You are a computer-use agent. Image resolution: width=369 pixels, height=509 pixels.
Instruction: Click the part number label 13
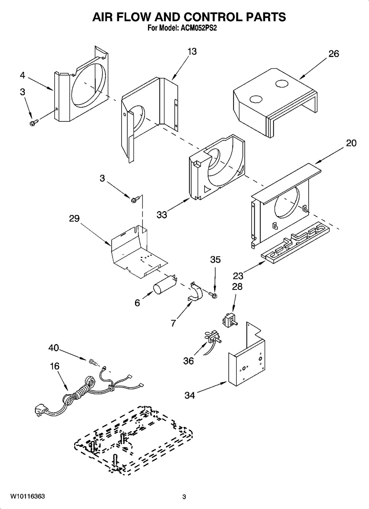(192, 52)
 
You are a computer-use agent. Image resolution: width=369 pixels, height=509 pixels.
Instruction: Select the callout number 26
(333, 54)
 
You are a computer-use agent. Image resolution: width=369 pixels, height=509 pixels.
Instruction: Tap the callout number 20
(351, 143)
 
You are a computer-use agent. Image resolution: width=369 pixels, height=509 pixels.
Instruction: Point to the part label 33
(162, 215)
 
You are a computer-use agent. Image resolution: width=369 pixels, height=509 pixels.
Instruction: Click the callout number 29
(75, 218)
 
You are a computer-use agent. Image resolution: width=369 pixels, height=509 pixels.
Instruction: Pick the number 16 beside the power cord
(55, 366)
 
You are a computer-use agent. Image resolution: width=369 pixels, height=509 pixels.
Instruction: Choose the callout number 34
(190, 396)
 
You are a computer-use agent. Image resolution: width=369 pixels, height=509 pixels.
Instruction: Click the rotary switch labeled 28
(229, 321)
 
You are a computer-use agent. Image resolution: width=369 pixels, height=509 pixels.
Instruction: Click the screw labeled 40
(94, 362)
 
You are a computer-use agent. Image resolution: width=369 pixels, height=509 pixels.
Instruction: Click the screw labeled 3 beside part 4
(34, 123)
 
